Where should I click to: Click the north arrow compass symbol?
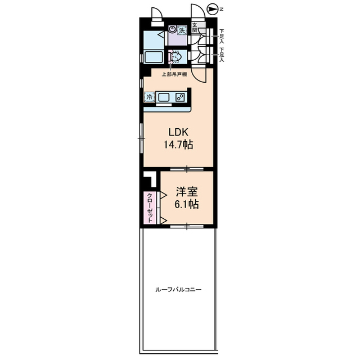(x=213, y=10)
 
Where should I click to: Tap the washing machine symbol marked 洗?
(x=182, y=30)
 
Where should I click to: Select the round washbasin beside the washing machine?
(x=172, y=29)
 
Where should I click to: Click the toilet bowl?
(x=176, y=57)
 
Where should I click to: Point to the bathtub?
(x=154, y=57)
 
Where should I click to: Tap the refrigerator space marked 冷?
(x=150, y=97)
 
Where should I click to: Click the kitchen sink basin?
(x=164, y=97)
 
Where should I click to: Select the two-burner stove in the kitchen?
(x=180, y=97)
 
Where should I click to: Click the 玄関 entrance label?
(x=195, y=28)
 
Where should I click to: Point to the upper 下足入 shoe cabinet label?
(x=222, y=36)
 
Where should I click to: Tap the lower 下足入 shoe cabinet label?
(x=222, y=55)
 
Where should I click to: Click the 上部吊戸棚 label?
(x=174, y=74)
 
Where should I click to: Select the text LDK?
(x=178, y=132)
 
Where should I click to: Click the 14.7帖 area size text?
(x=178, y=145)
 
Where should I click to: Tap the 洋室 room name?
(x=187, y=192)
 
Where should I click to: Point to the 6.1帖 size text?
(x=187, y=204)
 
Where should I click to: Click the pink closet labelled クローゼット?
(x=150, y=208)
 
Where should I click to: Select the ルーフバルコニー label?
(x=178, y=290)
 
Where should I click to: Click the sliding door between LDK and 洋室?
(x=187, y=169)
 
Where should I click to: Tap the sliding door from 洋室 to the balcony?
(x=187, y=226)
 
